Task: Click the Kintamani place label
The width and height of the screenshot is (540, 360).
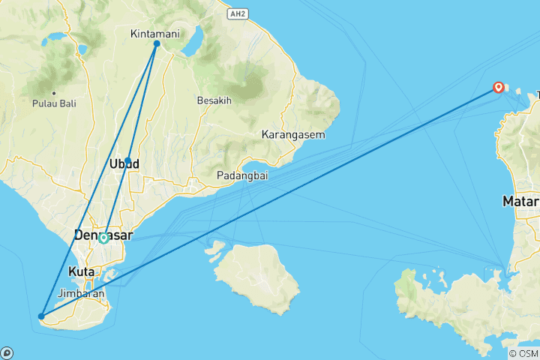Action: pos(153,34)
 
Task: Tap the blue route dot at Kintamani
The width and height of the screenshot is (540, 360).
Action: pos(157,43)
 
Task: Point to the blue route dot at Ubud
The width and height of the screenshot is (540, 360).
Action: pos(128,160)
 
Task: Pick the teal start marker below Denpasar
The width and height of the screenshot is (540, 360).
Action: pos(103,239)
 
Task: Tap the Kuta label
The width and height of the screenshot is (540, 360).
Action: pos(80,271)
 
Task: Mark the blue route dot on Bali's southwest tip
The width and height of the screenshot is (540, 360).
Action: pos(42,316)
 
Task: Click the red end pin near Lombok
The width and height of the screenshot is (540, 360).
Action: pos(498,88)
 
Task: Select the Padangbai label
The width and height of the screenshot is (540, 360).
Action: pos(238,175)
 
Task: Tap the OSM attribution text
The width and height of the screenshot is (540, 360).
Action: pos(523,353)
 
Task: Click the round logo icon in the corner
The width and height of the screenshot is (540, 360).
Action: pos(7,352)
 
